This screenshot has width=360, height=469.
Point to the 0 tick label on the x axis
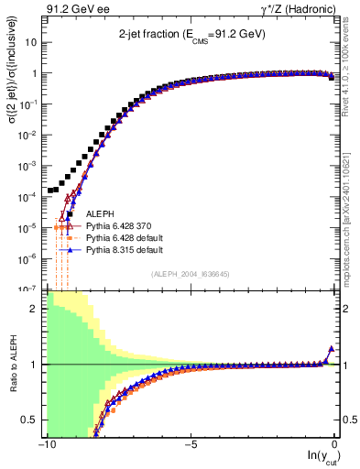[335, 444]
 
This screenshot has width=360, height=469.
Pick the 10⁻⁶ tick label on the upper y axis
[28, 257]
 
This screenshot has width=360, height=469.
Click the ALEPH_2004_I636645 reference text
[191, 274]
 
